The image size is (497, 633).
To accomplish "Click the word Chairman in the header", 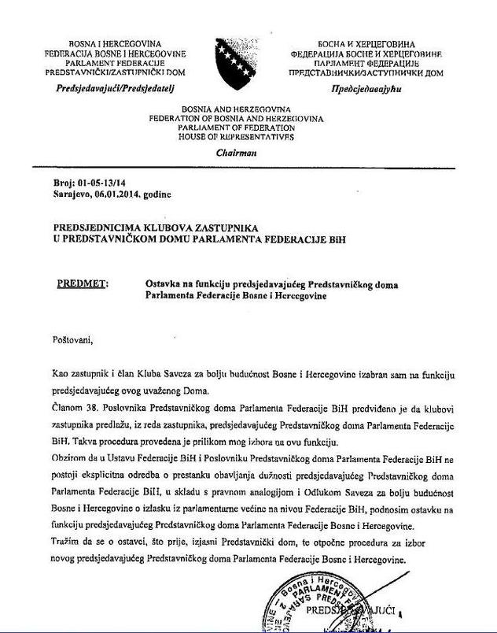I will point(236,154).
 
